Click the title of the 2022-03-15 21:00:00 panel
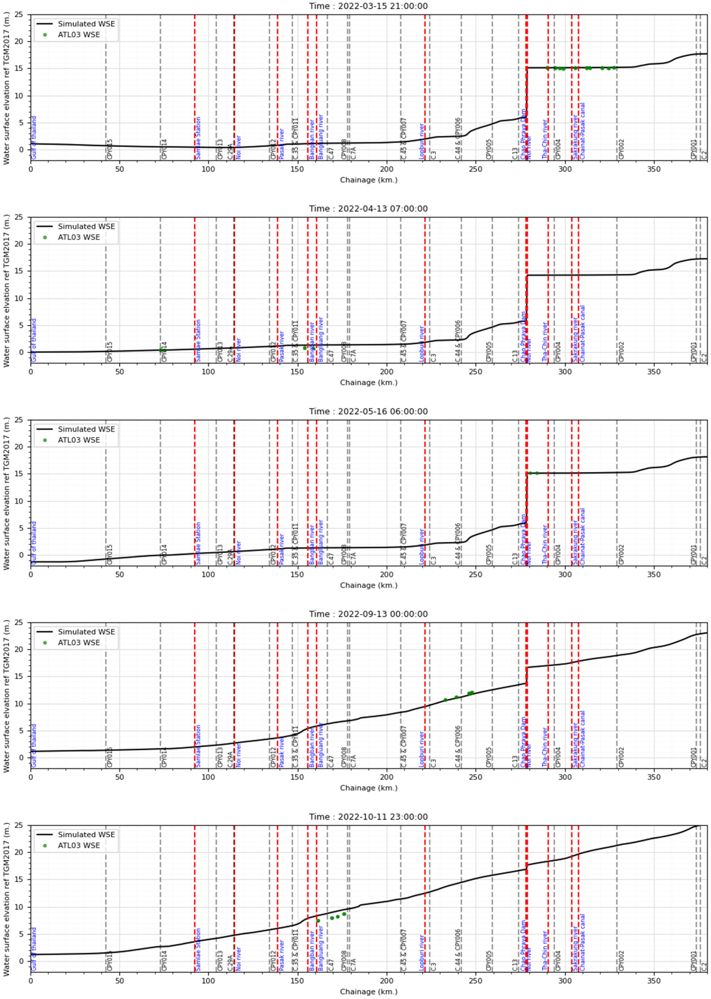tap(368, 6)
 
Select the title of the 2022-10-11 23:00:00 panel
tap(368, 817)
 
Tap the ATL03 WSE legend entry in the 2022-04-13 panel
tap(79, 237)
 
